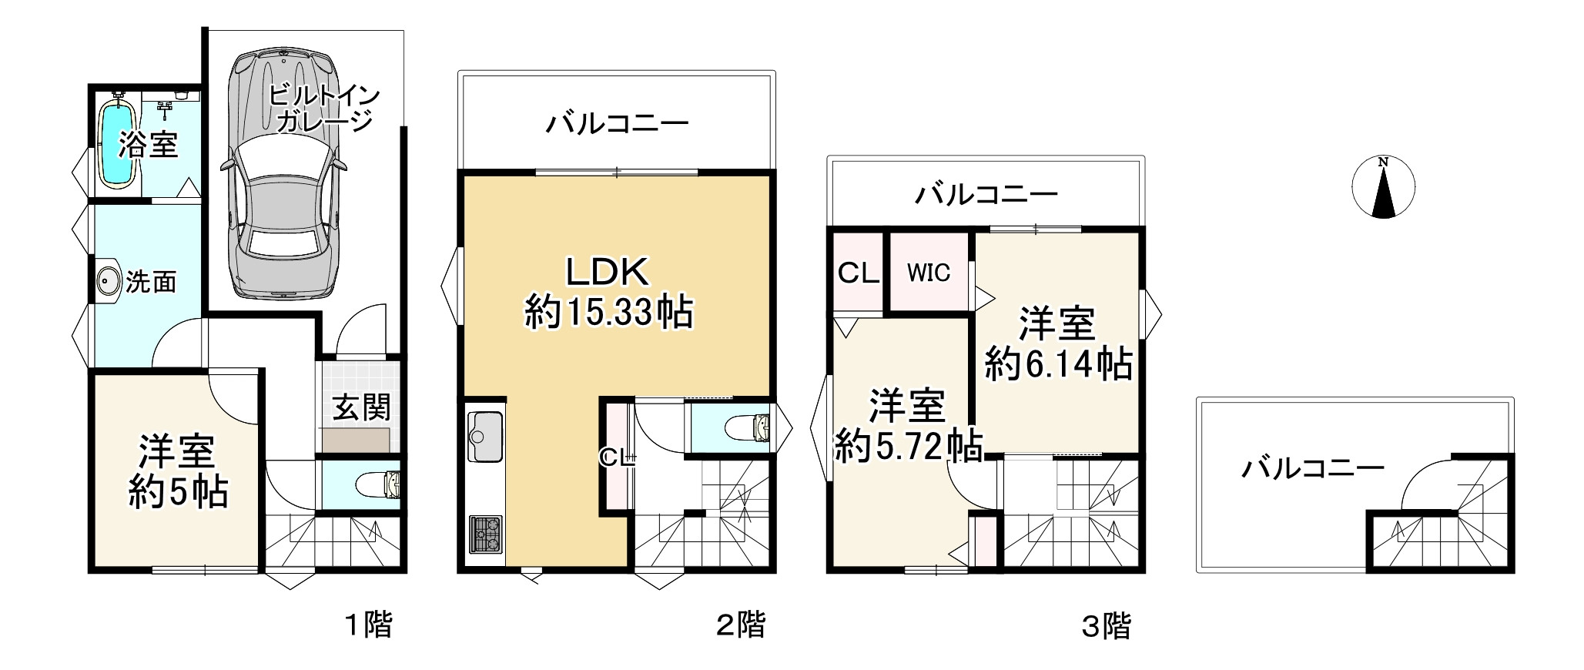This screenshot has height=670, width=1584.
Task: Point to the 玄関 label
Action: [361, 407]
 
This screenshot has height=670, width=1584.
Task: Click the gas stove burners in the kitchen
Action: [485, 532]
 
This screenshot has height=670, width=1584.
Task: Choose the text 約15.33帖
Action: [608, 313]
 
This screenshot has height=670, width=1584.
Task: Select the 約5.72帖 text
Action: [908, 446]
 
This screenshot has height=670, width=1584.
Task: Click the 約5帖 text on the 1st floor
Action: [178, 492]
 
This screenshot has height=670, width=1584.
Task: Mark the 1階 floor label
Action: [367, 625]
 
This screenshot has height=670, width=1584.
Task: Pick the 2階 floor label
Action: [741, 625]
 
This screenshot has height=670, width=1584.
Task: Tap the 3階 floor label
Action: [1107, 626]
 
